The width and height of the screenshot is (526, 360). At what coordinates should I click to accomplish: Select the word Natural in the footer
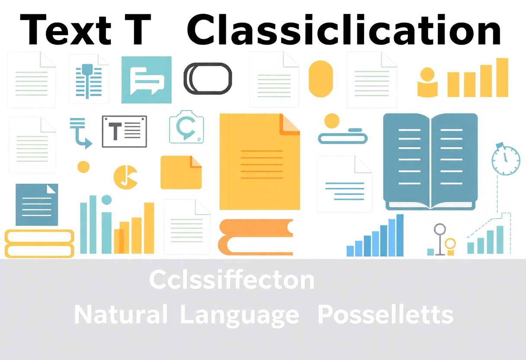click(x=121, y=315)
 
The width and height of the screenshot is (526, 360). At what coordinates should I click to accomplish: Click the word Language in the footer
click(x=239, y=315)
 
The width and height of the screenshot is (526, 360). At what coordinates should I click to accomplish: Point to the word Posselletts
click(x=385, y=315)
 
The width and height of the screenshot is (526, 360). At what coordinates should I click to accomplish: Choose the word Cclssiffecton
click(x=232, y=280)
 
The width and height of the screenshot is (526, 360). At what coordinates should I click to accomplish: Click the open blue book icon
click(x=430, y=161)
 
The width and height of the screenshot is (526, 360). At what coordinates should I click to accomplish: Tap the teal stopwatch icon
click(x=505, y=160)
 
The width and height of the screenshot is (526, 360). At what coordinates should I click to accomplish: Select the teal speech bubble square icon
click(x=146, y=80)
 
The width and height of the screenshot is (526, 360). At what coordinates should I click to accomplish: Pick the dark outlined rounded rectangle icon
click(x=208, y=78)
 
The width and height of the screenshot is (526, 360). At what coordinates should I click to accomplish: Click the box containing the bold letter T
click(x=124, y=131)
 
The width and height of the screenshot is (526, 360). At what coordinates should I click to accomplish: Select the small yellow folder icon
click(x=181, y=172)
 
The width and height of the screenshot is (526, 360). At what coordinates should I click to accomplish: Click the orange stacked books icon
click(x=255, y=237)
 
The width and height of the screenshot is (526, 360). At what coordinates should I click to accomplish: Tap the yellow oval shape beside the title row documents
click(x=321, y=78)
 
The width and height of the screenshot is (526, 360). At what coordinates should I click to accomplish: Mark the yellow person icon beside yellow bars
click(x=427, y=82)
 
